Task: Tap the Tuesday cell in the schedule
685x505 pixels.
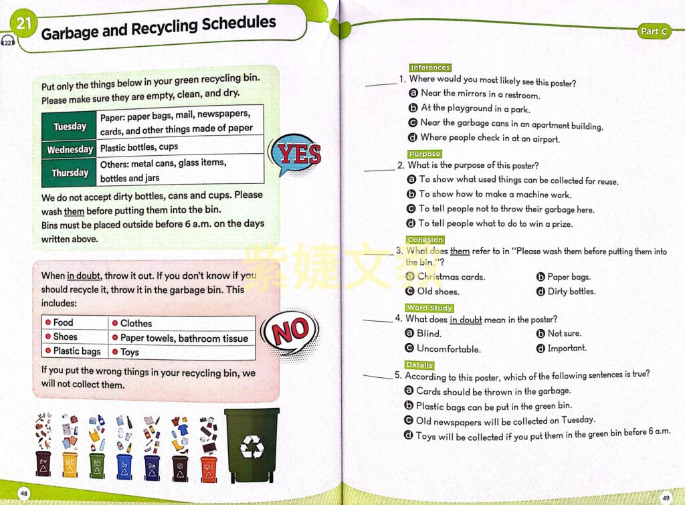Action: point(70,126)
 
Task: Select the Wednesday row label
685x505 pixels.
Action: point(70,149)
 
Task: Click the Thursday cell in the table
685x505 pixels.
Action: point(70,173)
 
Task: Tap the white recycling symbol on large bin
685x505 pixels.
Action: point(252,447)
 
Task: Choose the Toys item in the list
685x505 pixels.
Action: point(130,351)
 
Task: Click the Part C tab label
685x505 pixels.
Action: point(654,31)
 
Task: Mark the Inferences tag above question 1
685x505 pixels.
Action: point(430,68)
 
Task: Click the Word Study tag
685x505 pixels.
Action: point(429,308)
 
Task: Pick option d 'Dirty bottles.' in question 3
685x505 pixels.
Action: point(571,291)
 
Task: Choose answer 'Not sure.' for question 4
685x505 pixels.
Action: point(564,333)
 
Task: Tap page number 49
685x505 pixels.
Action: point(666,497)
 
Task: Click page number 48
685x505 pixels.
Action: point(23,493)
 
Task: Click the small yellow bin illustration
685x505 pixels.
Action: point(70,463)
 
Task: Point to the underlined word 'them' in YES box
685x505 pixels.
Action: point(74,211)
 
